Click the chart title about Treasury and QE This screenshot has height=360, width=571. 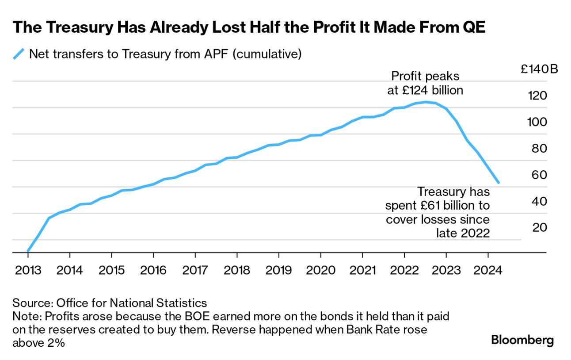(249, 27)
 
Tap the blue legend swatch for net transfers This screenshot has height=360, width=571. (18, 54)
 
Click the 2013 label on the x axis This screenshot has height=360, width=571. (28, 270)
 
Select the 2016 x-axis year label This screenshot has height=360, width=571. (153, 270)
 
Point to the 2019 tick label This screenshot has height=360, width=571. (278, 270)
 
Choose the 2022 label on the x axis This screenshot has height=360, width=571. (404, 270)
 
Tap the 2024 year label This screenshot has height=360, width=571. (487, 270)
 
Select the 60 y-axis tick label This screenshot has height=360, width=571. (540, 175)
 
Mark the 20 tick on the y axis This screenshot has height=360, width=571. (540, 227)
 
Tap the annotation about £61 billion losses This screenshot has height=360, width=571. (438, 212)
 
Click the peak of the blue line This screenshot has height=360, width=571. (425, 102)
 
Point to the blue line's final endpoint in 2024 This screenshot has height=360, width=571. (499, 182)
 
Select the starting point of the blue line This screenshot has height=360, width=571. (28, 251)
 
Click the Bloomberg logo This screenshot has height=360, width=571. (522, 341)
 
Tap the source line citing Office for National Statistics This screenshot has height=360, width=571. (110, 303)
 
